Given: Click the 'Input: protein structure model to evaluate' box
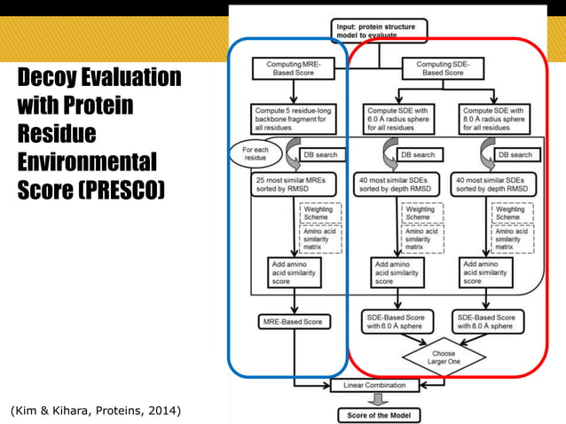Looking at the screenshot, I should [x=380, y=31].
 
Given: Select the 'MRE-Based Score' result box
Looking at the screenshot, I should [x=292, y=321].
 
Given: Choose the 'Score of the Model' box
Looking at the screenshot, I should [x=380, y=414].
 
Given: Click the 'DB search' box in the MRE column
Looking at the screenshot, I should [x=318, y=155].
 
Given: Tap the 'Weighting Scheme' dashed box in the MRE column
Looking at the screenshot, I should [x=318, y=214].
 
